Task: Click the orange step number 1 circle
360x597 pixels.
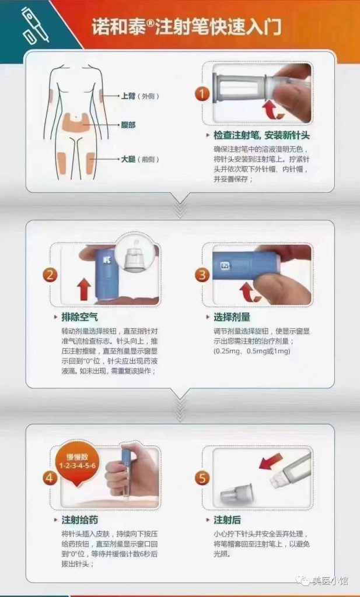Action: pyautogui.click(x=202, y=94)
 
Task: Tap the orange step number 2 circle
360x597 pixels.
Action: pyautogui.click(x=51, y=275)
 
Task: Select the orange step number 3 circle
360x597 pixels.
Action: pyautogui.click(x=202, y=275)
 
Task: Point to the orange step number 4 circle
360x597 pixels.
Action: pyautogui.click(x=51, y=477)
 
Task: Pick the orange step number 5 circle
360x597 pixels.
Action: pyautogui.click(x=202, y=478)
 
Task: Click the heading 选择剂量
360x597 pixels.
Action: pyautogui.click(x=232, y=317)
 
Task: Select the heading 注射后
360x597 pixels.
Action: pyautogui.click(x=228, y=519)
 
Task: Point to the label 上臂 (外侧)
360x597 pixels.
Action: pyautogui.click(x=139, y=96)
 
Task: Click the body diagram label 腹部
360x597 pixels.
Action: pyautogui.click(x=128, y=124)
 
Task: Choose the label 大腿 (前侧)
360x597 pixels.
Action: pyautogui.click(x=139, y=159)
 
